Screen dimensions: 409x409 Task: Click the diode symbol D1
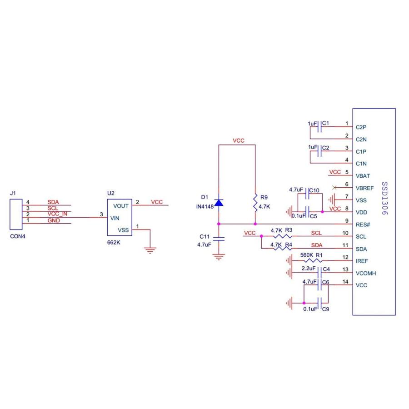pos(219,202)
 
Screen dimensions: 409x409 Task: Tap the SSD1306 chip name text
pos(384,199)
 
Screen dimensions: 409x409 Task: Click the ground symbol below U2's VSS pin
pos(150,249)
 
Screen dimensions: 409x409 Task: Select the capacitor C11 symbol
pos(219,238)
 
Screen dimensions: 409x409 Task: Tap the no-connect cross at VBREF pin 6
pos(335,188)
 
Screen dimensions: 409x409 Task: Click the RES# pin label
pos(362,224)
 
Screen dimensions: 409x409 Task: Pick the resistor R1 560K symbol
pos(312,261)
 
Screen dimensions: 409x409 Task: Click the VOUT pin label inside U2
pos(120,206)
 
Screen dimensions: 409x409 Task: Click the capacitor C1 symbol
pos(319,128)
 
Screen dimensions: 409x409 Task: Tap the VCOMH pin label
pos(366,274)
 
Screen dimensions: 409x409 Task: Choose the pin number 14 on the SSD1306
pos(345,282)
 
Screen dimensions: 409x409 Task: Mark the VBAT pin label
pos(363,175)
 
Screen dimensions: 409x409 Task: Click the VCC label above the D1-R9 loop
pos(239,141)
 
